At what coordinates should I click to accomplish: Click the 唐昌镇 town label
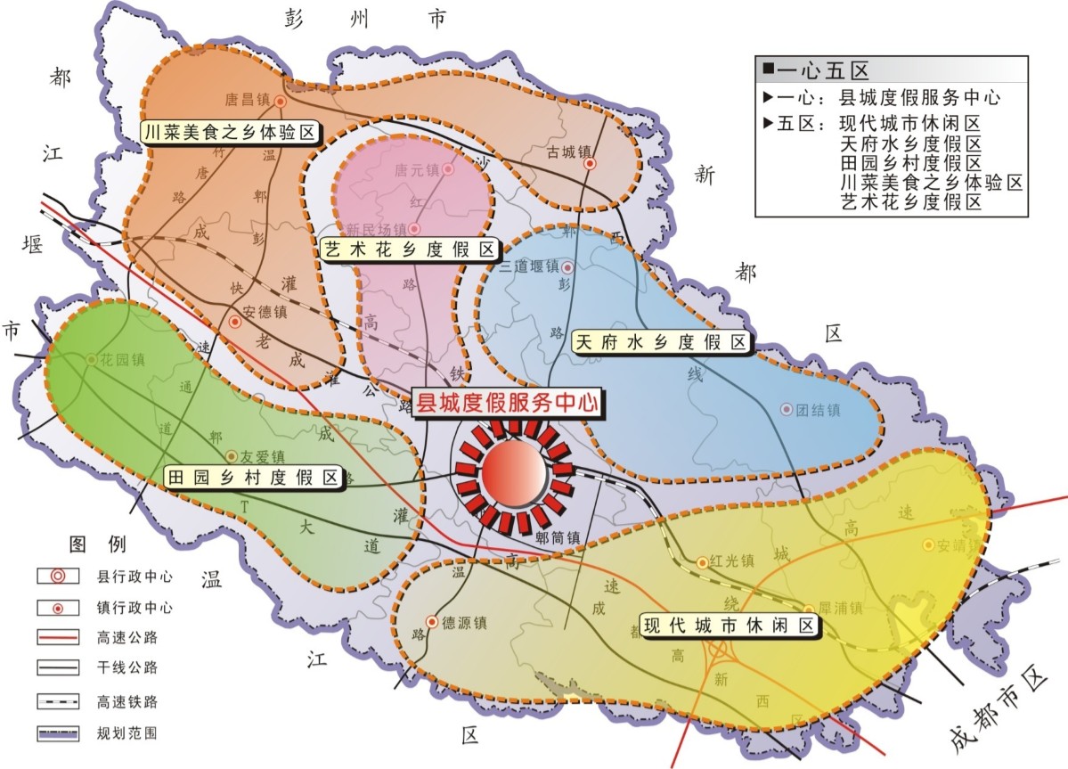[x=249, y=101]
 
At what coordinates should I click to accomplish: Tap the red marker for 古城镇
[x=590, y=164]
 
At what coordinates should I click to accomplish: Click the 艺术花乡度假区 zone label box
[x=408, y=250]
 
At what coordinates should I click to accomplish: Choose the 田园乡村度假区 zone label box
[x=255, y=478]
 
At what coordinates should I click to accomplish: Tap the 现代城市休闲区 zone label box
[x=730, y=626]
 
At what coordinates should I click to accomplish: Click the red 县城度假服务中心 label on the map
[x=506, y=402]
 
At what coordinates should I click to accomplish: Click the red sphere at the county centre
[x=513, y=473]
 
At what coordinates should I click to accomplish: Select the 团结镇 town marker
[x=786, y=409]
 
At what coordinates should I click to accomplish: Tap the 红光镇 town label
[x=732, y=561]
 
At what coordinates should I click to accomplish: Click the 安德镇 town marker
[x=235, y=322]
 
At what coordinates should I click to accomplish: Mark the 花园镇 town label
[x=120, y=360]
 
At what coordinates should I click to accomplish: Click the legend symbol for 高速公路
[x=55, y=638]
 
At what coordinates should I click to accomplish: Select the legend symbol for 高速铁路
[x=55, y=701]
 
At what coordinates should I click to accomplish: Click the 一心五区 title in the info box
[x=821, y=70]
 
